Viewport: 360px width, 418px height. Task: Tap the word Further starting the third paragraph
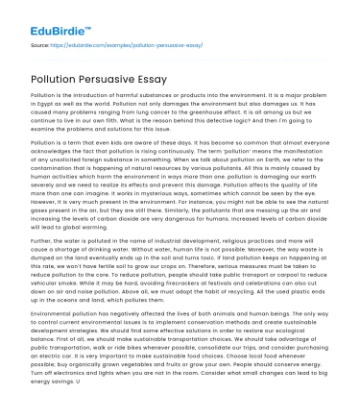[x=44, y=241]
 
